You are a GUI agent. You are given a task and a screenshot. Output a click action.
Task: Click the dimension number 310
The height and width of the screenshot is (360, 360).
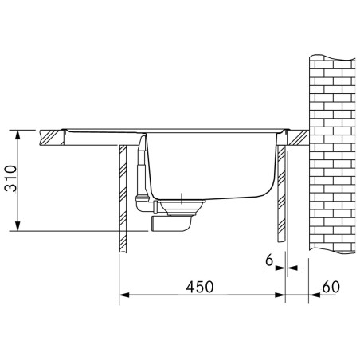11,178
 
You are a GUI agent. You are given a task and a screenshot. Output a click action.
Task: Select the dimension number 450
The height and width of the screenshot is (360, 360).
200,287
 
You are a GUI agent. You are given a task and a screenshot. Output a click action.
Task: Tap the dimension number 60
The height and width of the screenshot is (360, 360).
331,287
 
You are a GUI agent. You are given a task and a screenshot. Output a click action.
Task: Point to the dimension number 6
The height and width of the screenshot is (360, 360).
269,260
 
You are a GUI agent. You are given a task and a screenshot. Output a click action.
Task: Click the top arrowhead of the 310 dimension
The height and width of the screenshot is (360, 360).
18,135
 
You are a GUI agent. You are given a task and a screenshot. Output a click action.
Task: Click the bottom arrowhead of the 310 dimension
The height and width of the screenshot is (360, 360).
18,226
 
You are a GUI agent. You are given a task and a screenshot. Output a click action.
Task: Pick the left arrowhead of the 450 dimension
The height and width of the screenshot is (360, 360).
124,295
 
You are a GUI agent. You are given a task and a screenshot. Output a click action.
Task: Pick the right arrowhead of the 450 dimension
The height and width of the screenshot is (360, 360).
280,295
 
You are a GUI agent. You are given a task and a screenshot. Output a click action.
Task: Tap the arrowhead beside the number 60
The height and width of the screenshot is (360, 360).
314,295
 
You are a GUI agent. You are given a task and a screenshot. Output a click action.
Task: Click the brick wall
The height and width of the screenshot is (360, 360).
332,154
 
